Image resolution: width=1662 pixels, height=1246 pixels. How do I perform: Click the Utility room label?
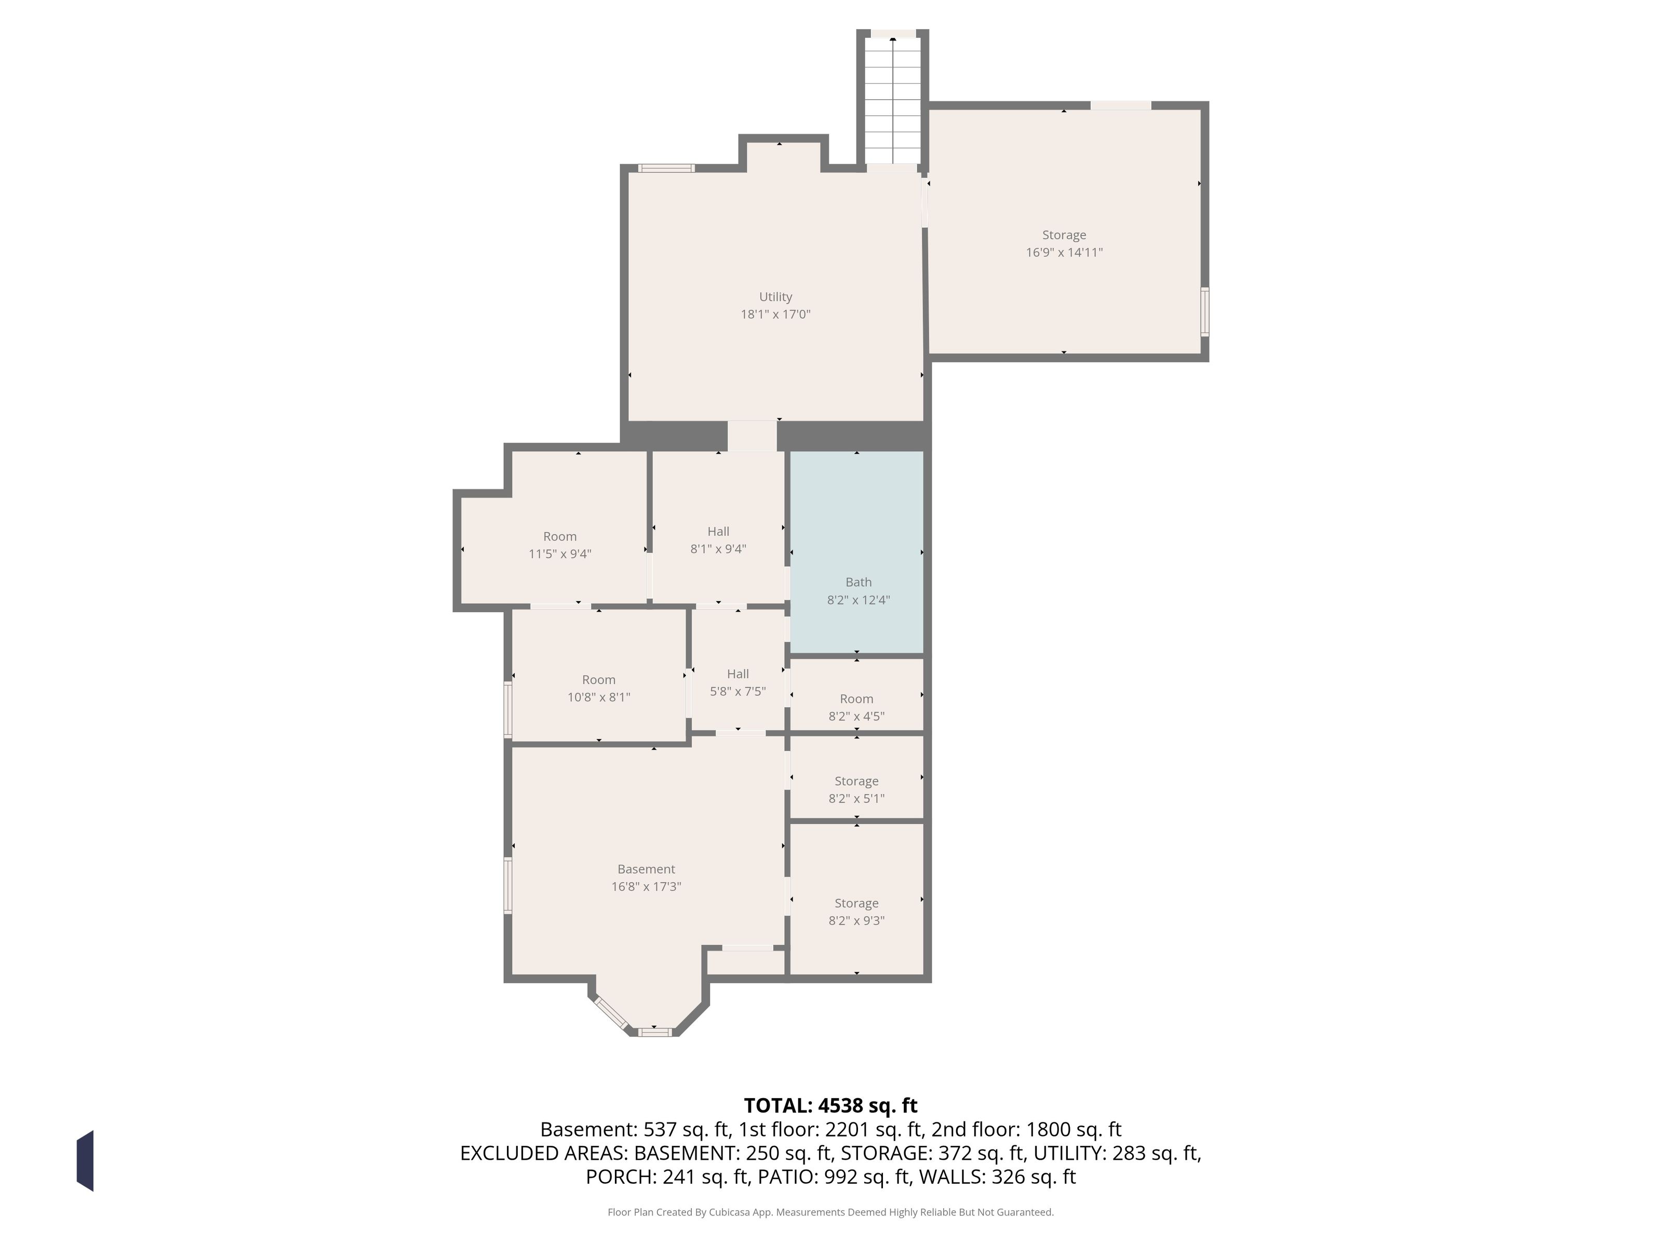tap(775, 296)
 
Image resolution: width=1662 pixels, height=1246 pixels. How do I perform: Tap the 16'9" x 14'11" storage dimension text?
tap(1064, 252)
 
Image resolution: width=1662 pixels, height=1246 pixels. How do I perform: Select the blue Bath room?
tap(856, 552)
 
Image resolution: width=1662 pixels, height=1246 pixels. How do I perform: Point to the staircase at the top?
tap(893, 101)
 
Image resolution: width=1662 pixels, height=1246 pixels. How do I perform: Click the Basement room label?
tap(646, 869)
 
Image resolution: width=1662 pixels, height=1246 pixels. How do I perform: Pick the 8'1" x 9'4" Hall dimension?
tap(718, 549)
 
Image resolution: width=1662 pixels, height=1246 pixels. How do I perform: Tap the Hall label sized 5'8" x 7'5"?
tap(738, 674)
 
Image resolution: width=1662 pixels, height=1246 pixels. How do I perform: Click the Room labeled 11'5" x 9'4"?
tap(560, 536)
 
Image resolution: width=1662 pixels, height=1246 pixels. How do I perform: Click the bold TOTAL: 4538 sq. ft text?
tap(830, 1105)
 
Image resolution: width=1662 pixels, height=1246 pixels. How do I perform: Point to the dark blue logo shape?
tap(85, 1160)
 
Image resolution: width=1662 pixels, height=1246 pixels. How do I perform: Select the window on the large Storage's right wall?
tap(1204, 311)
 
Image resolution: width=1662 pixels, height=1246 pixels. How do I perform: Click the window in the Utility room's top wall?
tap(666, 168)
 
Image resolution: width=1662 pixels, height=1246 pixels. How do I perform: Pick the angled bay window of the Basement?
tap(610, 1012)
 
